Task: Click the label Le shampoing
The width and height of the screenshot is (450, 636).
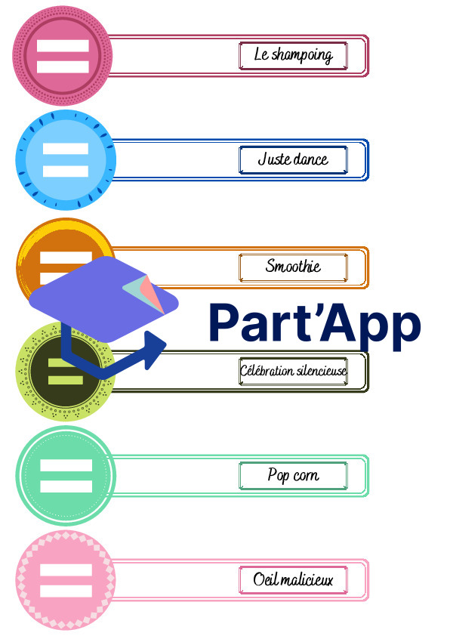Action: (x=293, y=55)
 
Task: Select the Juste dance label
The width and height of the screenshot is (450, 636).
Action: (x=293, y=159)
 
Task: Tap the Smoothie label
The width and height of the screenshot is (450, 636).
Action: (x=293, y=266)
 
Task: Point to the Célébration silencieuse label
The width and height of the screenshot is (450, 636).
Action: (x=293, y=370)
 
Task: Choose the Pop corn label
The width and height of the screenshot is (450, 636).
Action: (x=293, y=474)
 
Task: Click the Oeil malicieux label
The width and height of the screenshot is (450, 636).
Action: (x=293, y=579)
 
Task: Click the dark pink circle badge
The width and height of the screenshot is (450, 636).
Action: (x=63, y=56)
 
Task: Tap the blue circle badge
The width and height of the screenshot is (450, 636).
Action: (x=66, y=160)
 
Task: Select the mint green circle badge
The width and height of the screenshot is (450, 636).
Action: (x=66, y=475)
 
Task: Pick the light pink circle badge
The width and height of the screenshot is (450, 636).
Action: (x=66, y=580)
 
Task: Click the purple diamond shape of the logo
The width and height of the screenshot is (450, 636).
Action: (x=103, y=299)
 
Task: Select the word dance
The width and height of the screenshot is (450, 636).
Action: (x=310, y=159)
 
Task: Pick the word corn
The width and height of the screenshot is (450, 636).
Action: (x=306, y=475)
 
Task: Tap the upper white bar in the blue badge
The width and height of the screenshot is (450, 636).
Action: (x=66, y=149)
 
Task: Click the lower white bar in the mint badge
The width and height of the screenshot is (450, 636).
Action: (x=66, y=486)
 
